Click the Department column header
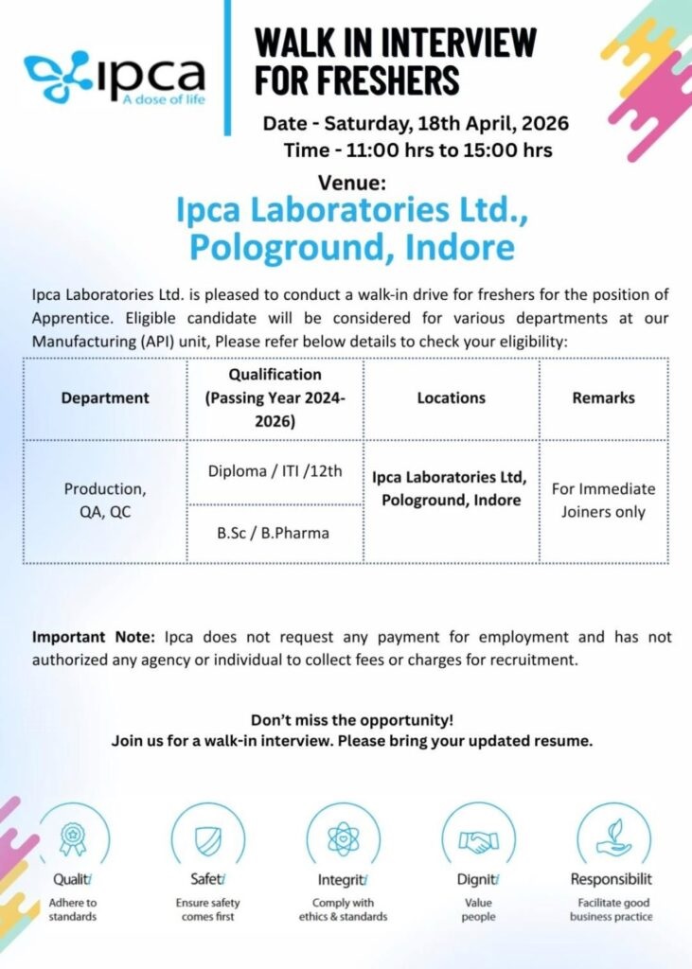(105, 398)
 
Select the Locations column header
(451, 398)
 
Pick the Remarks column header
(603, 398)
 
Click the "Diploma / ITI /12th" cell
(275, 472)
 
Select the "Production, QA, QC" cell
(105, 502)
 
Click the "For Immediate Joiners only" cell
(603, 501)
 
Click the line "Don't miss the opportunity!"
(352, 719)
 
